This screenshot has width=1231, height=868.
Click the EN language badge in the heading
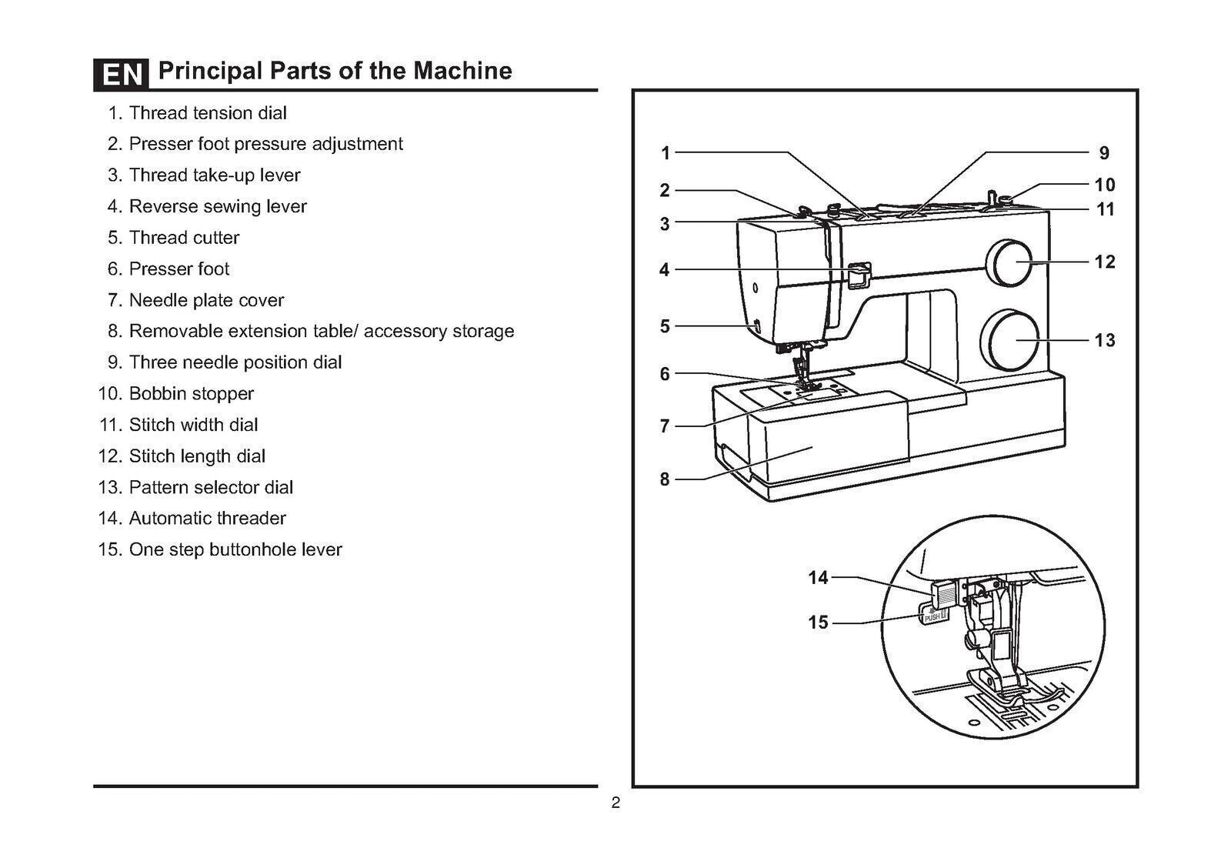[122, 74]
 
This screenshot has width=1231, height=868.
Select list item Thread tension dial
[207, 113]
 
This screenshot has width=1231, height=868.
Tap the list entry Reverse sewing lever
[217, 206]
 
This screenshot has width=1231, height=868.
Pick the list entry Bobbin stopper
[191, 393]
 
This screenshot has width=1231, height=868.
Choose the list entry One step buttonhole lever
[235, 549]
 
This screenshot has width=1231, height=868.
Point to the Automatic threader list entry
[207, 518]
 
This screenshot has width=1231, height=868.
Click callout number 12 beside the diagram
[1104, 262]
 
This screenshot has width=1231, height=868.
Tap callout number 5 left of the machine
[665, 326]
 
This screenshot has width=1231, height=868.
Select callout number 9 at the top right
[1104, 153]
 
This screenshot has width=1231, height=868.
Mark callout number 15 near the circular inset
[818, 622]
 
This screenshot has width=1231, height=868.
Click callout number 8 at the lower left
[665, 479]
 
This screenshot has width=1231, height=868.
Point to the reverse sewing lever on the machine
[859, 275]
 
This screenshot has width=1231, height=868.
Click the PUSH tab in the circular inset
[932, 615]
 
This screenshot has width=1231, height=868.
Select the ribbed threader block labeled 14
[943, 593]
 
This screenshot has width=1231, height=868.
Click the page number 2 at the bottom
[615, 804]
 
